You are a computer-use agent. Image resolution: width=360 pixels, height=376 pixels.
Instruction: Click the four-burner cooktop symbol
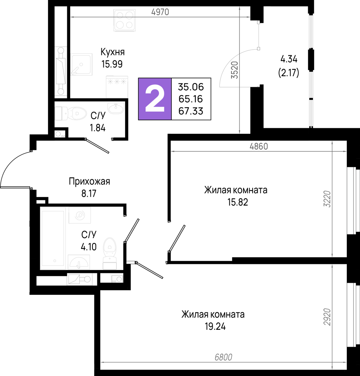(124, 20)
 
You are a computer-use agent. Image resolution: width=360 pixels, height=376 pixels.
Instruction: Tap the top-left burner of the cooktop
(120, 15)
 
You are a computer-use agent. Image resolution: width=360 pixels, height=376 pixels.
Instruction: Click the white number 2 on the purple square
(155, 99)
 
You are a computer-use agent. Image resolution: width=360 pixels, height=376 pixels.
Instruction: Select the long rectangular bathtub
(53, 238)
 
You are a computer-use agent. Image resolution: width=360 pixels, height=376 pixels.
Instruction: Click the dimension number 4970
(160, 12)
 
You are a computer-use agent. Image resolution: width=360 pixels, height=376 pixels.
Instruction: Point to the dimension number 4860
(259, 146)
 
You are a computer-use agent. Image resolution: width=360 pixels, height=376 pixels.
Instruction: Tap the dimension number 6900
(223, 357)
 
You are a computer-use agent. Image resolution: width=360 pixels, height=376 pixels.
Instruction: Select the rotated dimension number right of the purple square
(235, 70)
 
